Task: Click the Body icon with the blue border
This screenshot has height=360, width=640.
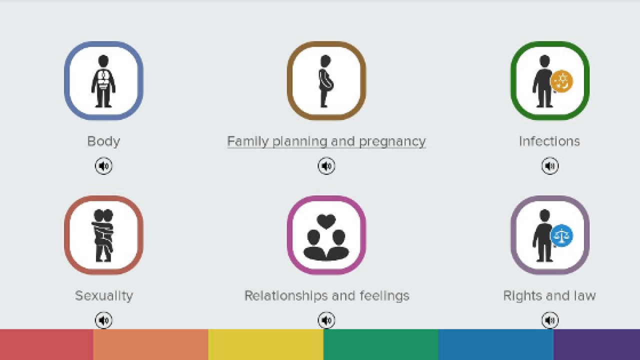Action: click(103, 81)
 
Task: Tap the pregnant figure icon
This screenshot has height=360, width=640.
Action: click(326, 81)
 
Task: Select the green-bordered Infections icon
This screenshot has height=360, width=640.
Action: click(550, 81)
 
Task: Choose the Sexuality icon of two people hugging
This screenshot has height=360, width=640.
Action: click(103, 235)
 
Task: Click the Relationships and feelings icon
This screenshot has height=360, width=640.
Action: click(326, 235)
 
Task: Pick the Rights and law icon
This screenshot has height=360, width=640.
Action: click(550, 235)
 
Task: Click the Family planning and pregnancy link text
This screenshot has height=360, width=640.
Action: click(326, 141)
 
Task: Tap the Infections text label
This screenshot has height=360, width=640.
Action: click(549, 141)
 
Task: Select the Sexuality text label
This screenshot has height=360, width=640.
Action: click(104, 296)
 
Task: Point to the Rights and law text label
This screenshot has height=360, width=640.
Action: click(549, 296)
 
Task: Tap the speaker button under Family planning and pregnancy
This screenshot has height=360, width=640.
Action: click(326, 165)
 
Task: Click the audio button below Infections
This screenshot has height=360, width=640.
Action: click(550, 165)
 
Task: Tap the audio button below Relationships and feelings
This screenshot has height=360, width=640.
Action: click(326, 320)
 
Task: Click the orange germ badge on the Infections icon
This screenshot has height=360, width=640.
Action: click(561, 81)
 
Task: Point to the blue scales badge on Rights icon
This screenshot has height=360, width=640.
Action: click(561, 235)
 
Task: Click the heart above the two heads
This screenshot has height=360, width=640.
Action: click(326, 221)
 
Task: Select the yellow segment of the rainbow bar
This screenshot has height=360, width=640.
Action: click(266, 344)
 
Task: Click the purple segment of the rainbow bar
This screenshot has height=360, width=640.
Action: click(596, 344)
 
